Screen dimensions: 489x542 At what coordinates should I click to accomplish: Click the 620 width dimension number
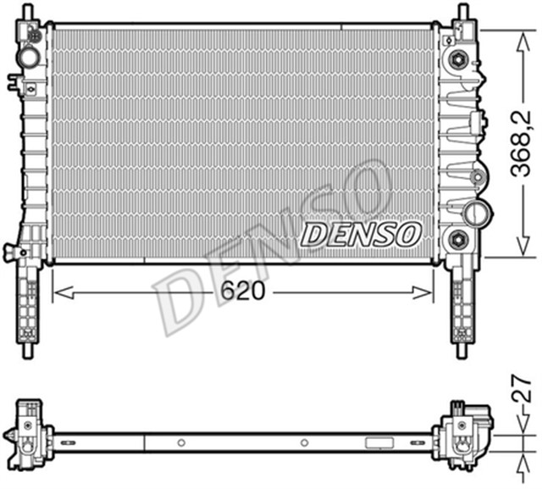pos(244,291)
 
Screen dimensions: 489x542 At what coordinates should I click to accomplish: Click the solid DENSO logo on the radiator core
pos(362,233)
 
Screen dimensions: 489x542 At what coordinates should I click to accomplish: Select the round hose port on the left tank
pos(29,58)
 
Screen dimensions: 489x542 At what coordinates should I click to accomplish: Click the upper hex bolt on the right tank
pos(458,59)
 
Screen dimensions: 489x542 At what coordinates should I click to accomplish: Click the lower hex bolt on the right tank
pos(458,238)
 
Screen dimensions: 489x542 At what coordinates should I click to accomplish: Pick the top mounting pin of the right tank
pos(462,13)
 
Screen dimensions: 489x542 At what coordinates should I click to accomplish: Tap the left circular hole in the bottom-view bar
pos(180,442)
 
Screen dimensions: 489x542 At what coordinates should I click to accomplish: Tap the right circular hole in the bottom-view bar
pos(304,442)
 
